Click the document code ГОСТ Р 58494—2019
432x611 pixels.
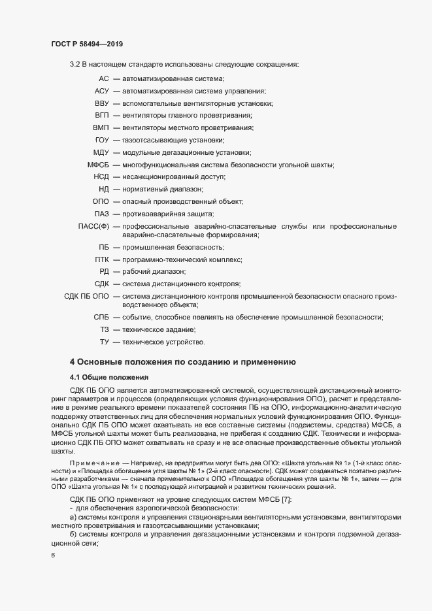87,44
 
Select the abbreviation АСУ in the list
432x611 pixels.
101,91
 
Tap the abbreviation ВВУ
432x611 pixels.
101,103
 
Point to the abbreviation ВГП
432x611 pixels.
101,115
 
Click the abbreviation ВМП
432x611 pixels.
101,127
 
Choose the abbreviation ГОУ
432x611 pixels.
101,140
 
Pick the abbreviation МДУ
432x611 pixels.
101,152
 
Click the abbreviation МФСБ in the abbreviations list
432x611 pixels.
98,165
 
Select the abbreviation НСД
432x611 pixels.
101,176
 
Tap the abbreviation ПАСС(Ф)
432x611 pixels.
93,226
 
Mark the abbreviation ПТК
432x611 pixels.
101,259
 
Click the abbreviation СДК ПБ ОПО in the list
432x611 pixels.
86,296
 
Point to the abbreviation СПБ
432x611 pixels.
101,317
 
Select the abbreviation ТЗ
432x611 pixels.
104,329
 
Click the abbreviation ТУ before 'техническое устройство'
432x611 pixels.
104,342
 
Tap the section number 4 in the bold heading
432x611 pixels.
73,361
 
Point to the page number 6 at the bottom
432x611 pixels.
52,556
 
